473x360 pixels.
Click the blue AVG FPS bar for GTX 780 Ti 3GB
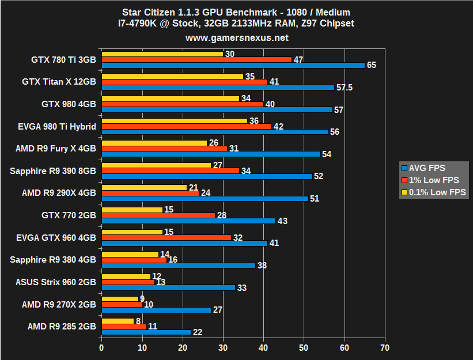(233, 65)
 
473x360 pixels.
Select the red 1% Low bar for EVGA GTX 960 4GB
(167, 237)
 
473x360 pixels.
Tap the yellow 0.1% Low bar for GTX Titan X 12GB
(172, 76)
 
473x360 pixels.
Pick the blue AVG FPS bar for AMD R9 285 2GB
(146, 332)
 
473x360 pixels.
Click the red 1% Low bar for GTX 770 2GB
(158, 215)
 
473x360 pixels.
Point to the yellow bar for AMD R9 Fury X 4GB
(154, 143)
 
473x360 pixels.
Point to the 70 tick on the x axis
(385, 347)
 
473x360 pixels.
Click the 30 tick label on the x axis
(223, 347)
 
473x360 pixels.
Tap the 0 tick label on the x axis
(101, 347)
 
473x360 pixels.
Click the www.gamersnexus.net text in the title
(237, 37)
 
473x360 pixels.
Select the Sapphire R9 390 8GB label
(53, 170)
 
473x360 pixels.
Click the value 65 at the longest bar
(371, 65)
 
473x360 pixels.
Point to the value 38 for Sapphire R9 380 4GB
(262, 266)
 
